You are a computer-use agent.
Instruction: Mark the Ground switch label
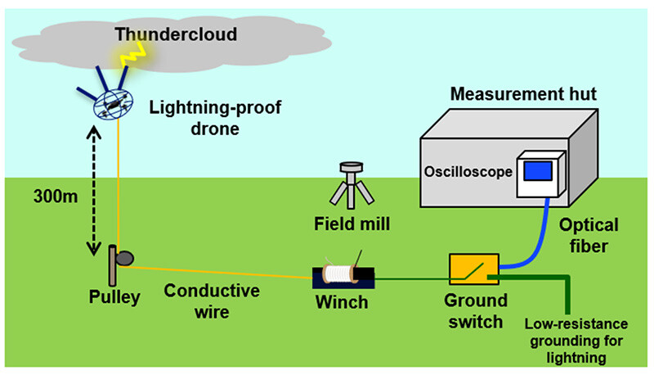(474, 311)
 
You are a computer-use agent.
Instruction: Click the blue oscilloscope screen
(539, 172)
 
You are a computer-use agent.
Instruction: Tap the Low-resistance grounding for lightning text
(574, 341)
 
